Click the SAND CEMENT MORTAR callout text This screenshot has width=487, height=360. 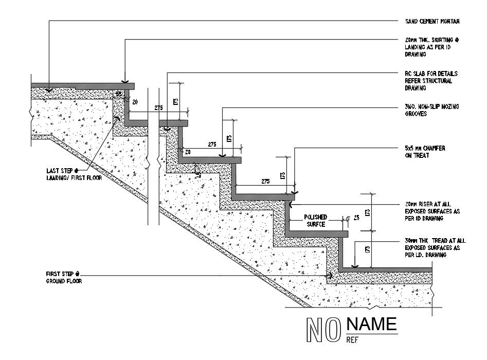pos(432,22)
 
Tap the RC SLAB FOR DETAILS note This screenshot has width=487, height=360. pos(431,81)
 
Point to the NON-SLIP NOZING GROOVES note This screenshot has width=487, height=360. pos(432,110)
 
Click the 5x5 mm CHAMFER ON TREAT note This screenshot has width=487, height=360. pos(425,152)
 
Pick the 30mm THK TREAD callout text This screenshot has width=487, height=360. pos(435,247)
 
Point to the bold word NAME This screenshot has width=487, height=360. pos(372,324)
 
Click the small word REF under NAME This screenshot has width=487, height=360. pos(352,340)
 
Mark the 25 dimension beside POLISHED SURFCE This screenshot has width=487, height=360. pos(356,218)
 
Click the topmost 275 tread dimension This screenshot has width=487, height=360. pos(158,107)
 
